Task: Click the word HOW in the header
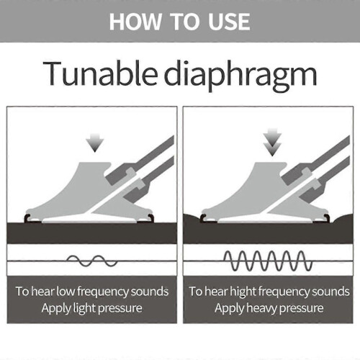point(135,22)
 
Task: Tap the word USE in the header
point(229,22)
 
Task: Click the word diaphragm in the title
point(240,76)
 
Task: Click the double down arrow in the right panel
point(272,142)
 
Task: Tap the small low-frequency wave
point(91,261)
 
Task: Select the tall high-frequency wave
point(268,261)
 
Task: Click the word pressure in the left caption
point(120,309)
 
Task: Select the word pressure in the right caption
point(302,309)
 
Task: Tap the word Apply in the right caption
point(230,309)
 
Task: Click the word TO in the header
point(185,22)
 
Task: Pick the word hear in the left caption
point(42,292)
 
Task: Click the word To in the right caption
point(196,292)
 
